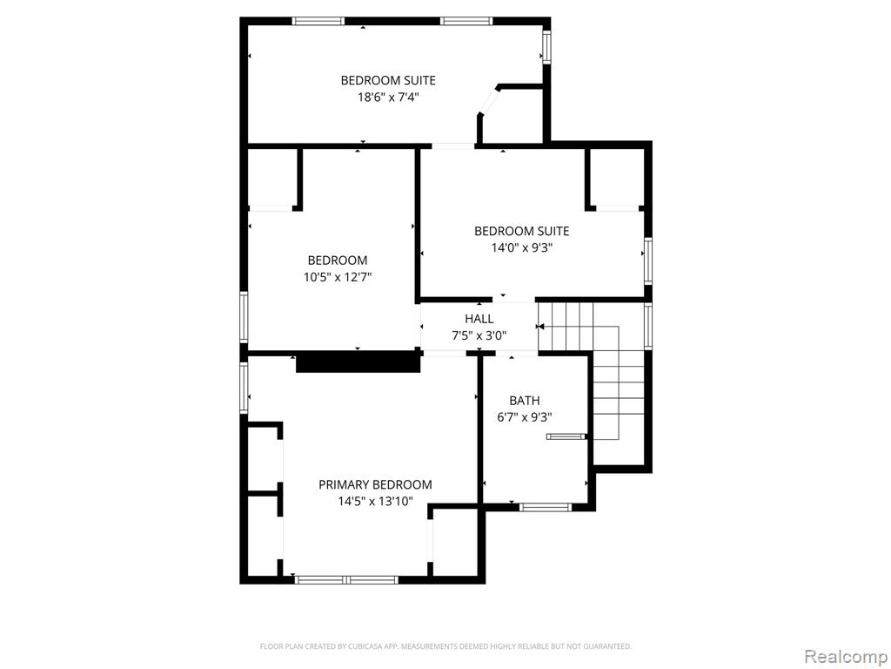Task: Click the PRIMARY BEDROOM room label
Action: coord(375,484)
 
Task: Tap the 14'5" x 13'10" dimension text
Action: coord(375,501)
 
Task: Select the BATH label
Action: coord(525,401)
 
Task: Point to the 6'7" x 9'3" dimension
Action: coord(525,417)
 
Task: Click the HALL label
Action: coord(479,319)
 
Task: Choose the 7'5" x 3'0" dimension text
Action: coord(479,335)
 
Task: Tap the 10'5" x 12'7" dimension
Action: coord(338,277)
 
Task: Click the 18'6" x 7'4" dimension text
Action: coord(388,97)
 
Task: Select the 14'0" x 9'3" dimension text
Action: coord(522,247)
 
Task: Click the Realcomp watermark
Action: coord(844,656)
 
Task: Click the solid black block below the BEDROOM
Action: coord(358,362)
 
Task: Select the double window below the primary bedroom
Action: coord(346,579)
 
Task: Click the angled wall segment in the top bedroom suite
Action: coord(489,101)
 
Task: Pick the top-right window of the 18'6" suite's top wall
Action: coord(466,21)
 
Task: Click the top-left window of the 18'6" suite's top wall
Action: coord(318,21)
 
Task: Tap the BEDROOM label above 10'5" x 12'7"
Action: coord(338,260)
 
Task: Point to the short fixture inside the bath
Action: coord(566,436)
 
